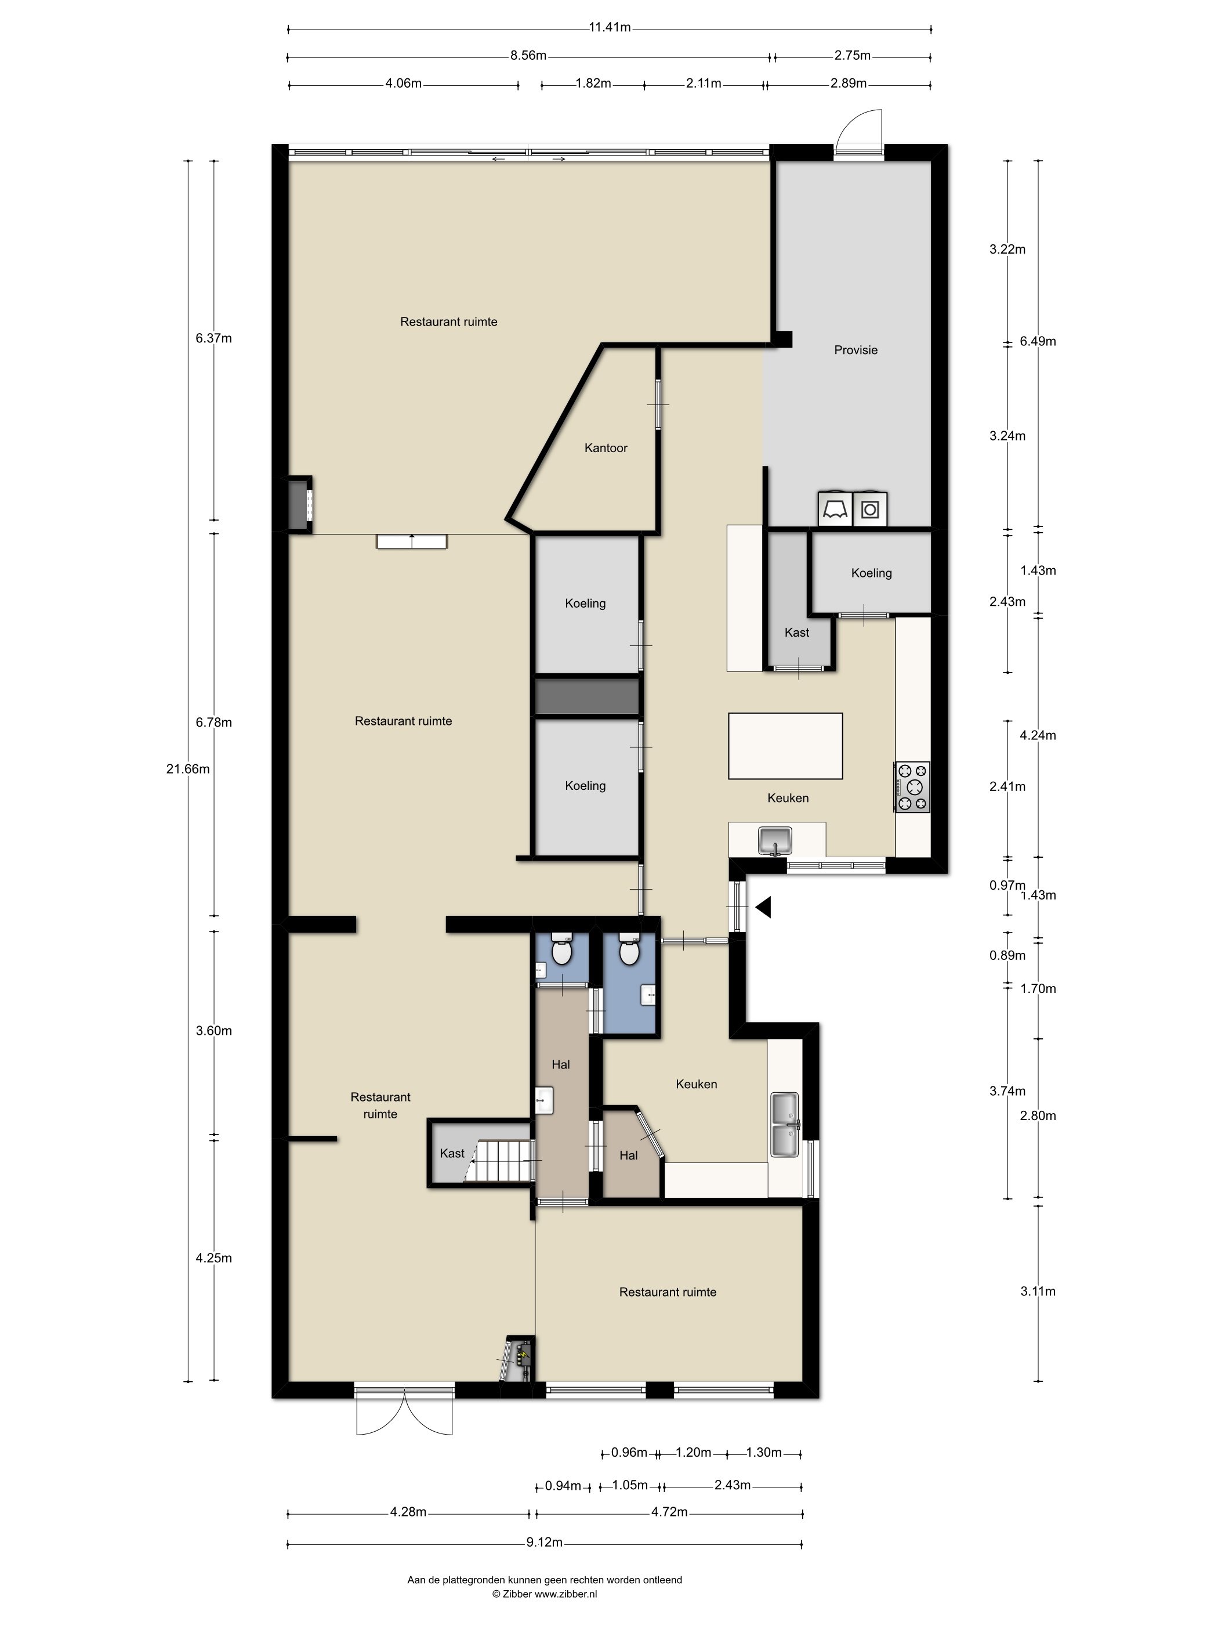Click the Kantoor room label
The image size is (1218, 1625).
[x=606, y=447]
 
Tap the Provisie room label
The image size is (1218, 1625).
[x=855, y=350]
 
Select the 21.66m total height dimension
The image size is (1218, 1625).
[x=188, y=769]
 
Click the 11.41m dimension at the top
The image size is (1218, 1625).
[x=610, y=28]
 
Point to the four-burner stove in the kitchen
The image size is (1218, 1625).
[x=912, y=787]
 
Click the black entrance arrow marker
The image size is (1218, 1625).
[x=763, y=908]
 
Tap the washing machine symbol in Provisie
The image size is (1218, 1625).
[x=870, y=508]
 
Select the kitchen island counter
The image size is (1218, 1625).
[x=785, y=746]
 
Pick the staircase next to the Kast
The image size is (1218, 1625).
[x=502, y=1161]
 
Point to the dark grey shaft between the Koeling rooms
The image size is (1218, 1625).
[x=586, y=696]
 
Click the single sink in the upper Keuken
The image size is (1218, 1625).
[x=774, y=840]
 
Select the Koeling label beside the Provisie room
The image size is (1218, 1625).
[x=872, y=573]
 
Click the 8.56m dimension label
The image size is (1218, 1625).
[x=528, y=55]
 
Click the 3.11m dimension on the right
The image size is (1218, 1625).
[x=1038, y=1291]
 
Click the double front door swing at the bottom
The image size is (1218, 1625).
[x=404, y=1414]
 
